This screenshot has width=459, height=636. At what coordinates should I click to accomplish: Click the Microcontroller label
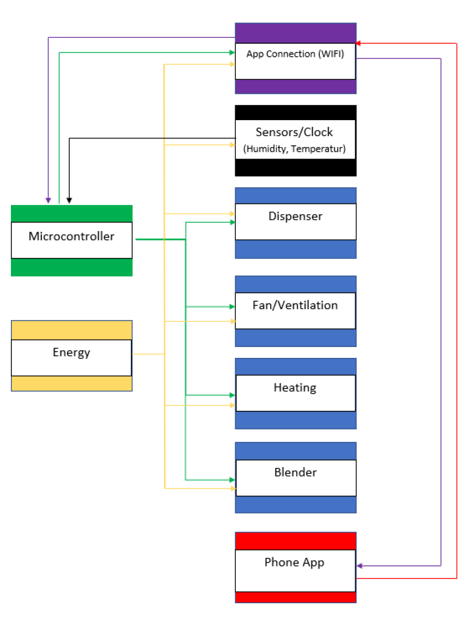click(x=72, y=236)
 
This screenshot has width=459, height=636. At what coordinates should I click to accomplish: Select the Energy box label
click(x=72, y=352)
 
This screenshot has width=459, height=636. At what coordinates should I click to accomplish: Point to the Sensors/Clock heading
click(x=294, y=132)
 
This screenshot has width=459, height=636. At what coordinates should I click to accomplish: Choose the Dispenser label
click(x=295, y=217)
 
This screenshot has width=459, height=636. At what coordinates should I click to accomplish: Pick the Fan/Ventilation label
click(x=295, y=305)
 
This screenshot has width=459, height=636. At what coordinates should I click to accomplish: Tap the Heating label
click(x=295, y=388)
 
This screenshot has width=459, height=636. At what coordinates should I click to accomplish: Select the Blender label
click(x=295, y=472)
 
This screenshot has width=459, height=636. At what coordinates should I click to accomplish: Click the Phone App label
click(x=294, y=562)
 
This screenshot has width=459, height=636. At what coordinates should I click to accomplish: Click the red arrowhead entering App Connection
click(x=358, y=43)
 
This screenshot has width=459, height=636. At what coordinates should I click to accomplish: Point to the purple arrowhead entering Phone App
click(x=359, y=566)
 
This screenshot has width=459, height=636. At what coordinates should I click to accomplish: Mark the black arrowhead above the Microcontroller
click(x=69, y=201)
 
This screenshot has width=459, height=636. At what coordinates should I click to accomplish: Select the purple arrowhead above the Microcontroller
click(x=48, y=201)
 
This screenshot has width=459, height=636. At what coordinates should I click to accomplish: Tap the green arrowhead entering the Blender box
click(x=232, y=480)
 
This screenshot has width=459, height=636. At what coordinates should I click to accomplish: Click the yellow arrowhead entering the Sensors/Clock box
click(x=232, y=145)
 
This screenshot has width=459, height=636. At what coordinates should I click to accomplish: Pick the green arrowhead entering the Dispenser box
click(x=232, y=222)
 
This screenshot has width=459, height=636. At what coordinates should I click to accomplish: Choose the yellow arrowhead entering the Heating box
click(x=232, y=406)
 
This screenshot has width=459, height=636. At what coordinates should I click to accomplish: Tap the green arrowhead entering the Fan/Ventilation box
click(x=232, y=307)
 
